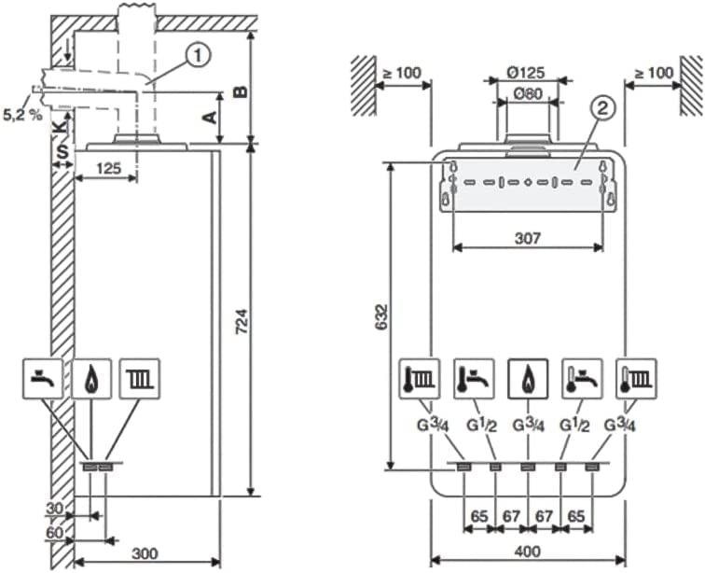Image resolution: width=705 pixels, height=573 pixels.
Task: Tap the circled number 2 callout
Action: pyautogui.click(x=603, y=108)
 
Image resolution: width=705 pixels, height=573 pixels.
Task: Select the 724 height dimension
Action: pyautogui.click(x=242, y=321)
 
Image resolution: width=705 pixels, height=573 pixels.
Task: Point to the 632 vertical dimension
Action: pyautogui.click(x=381, y=317)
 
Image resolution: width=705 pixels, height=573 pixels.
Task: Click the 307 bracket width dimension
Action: pyautogui.click(x=528, y=238)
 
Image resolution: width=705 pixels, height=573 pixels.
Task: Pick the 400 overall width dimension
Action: pyautogui.click(x=528, y=552)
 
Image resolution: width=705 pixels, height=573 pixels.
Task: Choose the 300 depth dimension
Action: pyautogui.click(x=145, y=553)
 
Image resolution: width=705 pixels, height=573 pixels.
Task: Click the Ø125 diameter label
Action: pyautogui.click(x=525, y=73)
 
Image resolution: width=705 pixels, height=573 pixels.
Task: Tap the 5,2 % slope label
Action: pyautogui.click(x=22, y=115)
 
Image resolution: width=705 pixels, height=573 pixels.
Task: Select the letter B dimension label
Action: pyautogui.click(x=241, y=91)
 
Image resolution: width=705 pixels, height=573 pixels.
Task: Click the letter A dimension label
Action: pyautogui.click(x=210, y=118)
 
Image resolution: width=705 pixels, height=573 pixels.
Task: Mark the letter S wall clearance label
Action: pyautogui.click(x=63, y=152)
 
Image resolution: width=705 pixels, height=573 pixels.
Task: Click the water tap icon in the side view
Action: pyautogui.click(x=43, y=379)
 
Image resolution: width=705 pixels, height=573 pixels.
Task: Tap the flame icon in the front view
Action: pyautogui.click(x=528, y=379)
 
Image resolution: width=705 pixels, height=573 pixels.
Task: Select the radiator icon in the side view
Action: pyautogui.click(x=139, y=379)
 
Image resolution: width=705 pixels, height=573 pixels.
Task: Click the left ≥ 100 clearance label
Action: pyautogui.click(x=401, y=73)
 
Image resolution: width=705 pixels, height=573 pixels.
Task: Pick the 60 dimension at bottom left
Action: pyautogui.click(x=55, y=533)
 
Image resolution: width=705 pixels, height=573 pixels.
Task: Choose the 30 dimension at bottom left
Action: pyautogui.click(x=55, y=509)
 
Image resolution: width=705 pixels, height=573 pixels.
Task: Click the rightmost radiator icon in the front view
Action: pyautogui.click(x=636, y=379)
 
